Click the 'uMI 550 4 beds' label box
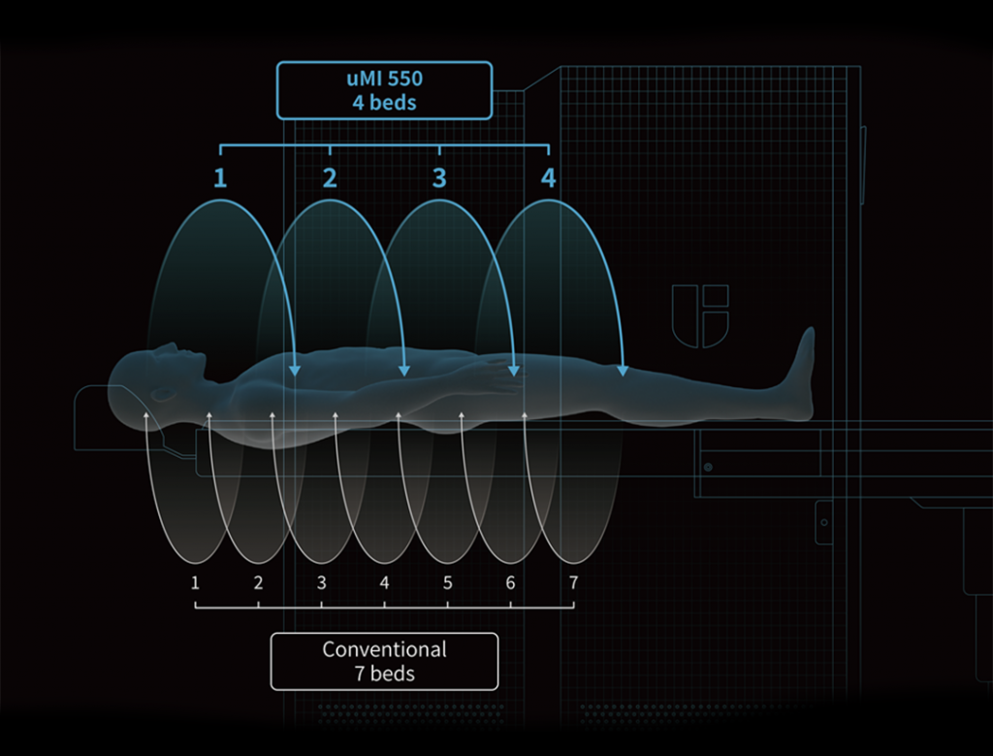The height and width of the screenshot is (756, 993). point(384,90)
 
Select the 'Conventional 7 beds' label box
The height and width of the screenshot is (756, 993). point(384,662)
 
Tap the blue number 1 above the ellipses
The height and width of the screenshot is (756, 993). point(220,178)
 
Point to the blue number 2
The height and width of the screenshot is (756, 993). point(330,178)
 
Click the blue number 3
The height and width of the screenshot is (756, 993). point(439,178)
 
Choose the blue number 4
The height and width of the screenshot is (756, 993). point(549,178)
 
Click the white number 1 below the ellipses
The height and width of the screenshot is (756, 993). point(195,583)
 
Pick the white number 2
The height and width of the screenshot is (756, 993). point(258,583)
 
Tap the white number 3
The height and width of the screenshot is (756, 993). point(322,583)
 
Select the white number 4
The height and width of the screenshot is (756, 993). point(384,583)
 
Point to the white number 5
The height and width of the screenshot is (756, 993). point(448,583)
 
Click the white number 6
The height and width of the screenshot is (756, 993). point(510,583)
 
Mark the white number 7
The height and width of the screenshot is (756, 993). point(574,583)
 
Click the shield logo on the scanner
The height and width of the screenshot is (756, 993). point(700,316)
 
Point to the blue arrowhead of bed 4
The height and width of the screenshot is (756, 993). point(623,370)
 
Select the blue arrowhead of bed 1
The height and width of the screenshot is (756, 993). point(295,370)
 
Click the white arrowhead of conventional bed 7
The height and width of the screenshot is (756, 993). point(525,415)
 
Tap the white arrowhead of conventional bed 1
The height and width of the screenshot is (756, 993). point(146,415)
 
